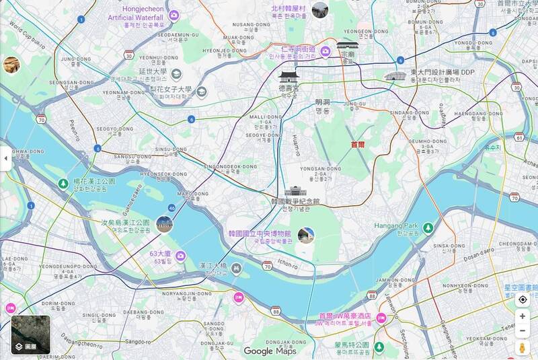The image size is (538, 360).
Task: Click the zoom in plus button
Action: (x=523, y=316)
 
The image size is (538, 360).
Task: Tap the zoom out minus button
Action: (x=523, y=330)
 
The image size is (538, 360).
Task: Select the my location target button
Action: (x=523, y=299)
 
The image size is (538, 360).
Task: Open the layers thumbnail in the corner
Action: (x=30, y=334)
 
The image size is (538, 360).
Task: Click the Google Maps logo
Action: (x=270, y=351)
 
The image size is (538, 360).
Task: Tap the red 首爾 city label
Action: (x=358, y=145)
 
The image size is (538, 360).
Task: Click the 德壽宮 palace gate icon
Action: (x=288, y=75)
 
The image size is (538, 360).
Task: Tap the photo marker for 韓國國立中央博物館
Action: (x=306, y=235)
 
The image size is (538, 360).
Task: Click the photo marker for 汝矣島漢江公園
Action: (x=164, y=224)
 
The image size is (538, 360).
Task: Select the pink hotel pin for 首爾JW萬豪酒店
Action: (x=381, y=318)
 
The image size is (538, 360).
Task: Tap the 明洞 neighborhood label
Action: (x=323, y=106)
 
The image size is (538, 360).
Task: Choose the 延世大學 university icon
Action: (x=176, y=74)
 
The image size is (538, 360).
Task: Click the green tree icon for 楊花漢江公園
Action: (x=63, y=184)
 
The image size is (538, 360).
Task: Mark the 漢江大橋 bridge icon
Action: (x=236, y=268)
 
